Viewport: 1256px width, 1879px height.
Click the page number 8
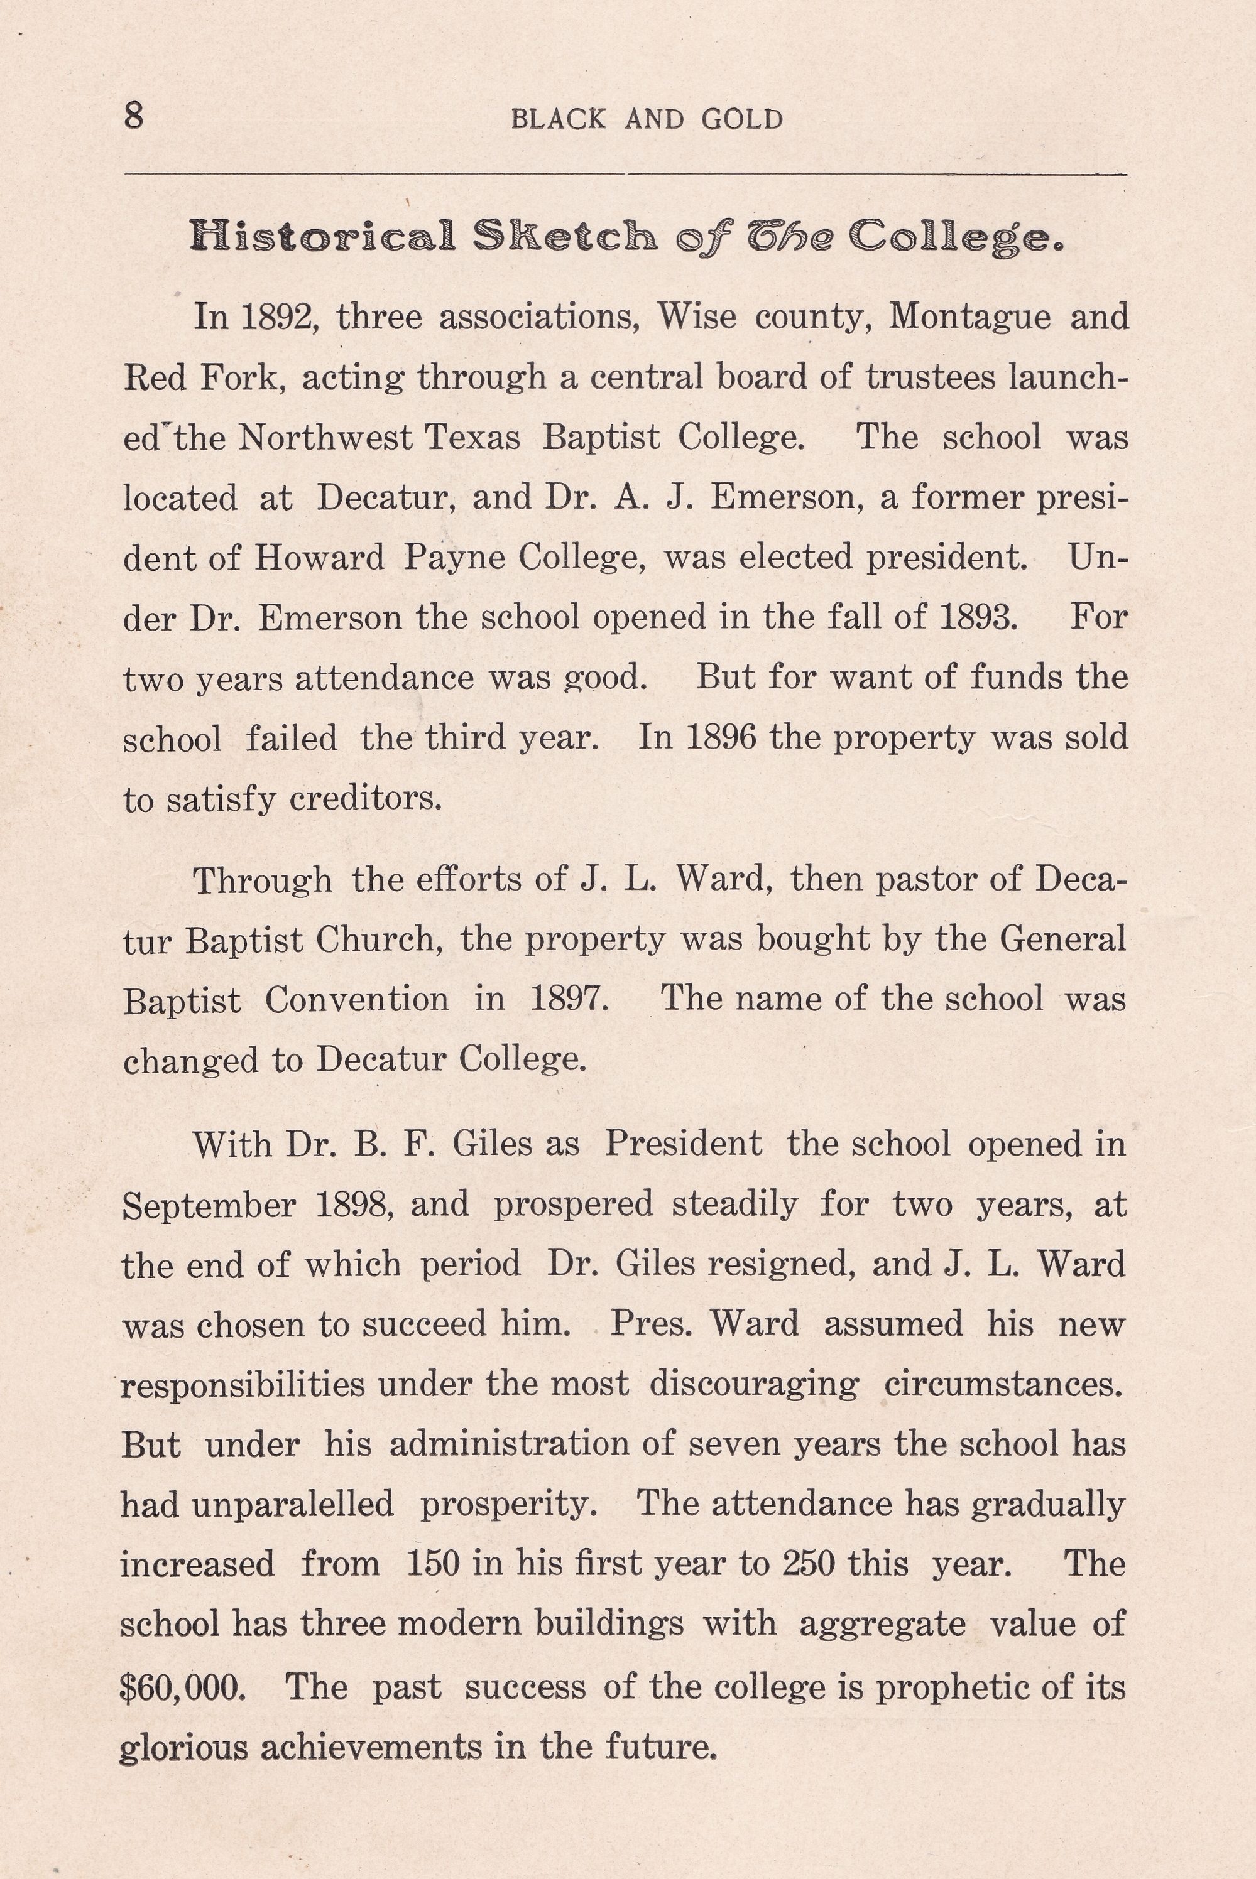tap(134, 117)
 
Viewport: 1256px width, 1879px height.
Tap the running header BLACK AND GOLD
tap(647, 120)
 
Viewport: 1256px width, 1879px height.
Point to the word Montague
tap(969, 318)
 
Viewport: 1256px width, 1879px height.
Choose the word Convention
tap(356, 1000)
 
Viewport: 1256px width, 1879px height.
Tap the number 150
tap(434, 1564)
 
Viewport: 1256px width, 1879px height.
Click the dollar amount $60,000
tap(183, 1687)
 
